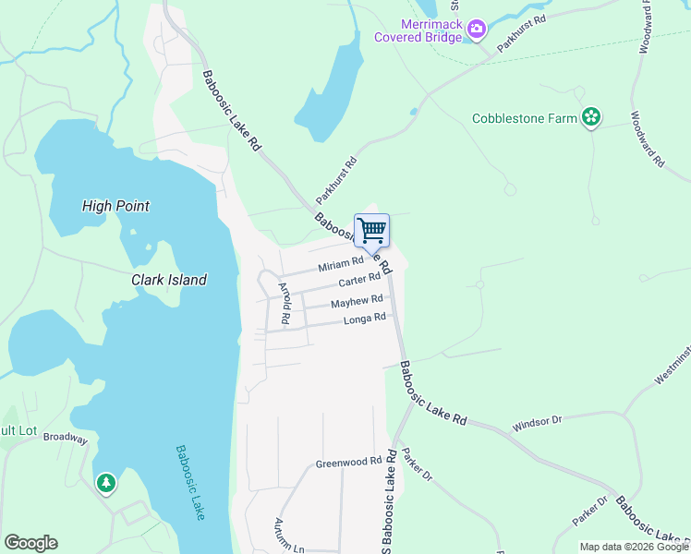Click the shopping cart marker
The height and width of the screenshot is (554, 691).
click(371, 231)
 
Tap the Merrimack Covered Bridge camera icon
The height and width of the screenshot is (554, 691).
click(477, 30)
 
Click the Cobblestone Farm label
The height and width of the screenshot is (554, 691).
click(524, 118)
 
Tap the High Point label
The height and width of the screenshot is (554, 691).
click(115, 206)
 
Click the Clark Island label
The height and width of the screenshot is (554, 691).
click(168, 279)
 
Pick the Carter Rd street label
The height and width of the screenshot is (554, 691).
click(359, 280)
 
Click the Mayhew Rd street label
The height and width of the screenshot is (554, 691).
click(357, 301)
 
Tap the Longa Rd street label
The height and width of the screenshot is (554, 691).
click(364, 319)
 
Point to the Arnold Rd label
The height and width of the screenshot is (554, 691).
click(286, 304)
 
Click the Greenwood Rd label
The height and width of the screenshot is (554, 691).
click(348, 462)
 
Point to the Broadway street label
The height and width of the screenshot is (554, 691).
click(65, 439)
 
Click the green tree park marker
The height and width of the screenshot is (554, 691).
click(106, 482)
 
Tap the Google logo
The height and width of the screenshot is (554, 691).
click(30, 543)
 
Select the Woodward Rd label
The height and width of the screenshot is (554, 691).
click(648, 138)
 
